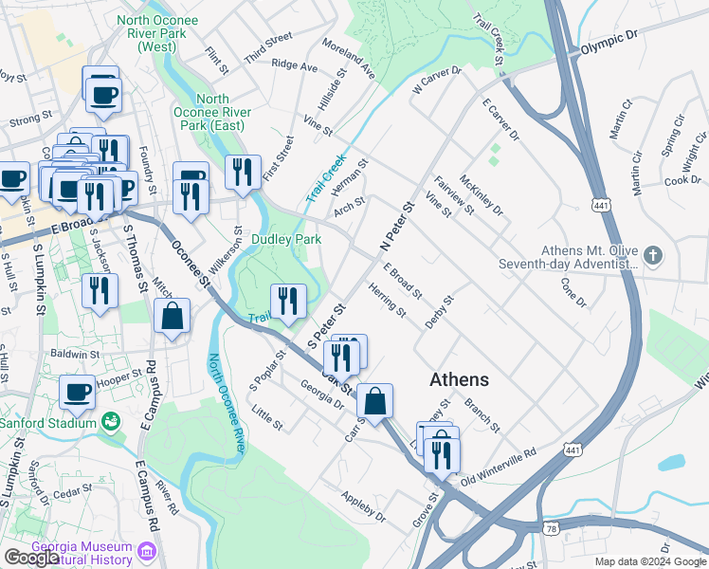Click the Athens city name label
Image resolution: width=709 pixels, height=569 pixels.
click(x=459, y=379)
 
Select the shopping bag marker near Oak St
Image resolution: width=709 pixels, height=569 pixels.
click(x=375, y=401)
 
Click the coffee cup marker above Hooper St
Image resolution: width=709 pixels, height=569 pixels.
click(x=78, y=391)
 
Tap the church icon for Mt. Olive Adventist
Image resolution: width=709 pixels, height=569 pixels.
click(x=652, y=255)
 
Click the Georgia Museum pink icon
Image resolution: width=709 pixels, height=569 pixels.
click(x=147, y=551)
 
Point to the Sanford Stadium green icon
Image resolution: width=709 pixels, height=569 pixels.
click(x=111, y=420)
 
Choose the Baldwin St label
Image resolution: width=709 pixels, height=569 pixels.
click(x=76, y=355)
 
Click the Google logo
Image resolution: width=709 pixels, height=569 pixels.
click(x=31, y=558)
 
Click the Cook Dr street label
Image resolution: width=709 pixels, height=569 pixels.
click(x=682, y=180)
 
